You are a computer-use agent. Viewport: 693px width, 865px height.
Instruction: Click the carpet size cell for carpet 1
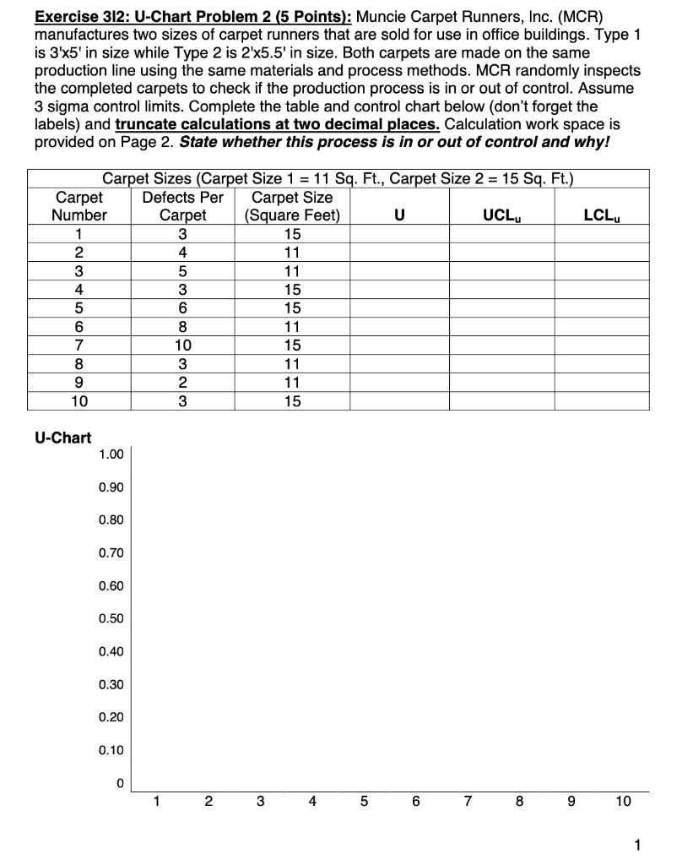coord(291,233)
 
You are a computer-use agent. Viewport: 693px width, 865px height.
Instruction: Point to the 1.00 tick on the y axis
coord(111,454)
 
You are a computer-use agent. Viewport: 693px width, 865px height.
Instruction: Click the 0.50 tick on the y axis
coord(111,619)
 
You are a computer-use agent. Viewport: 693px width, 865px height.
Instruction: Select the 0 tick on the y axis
coord(120,784)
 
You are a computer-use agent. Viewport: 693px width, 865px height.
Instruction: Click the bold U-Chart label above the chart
coord(62,438)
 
